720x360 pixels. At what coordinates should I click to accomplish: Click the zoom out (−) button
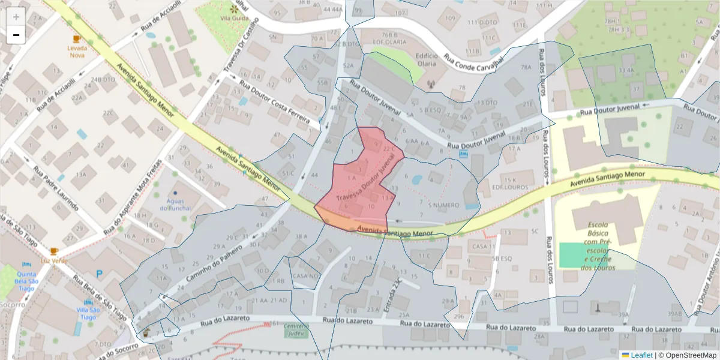(16, 35)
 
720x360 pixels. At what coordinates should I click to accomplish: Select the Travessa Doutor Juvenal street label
(367, 180)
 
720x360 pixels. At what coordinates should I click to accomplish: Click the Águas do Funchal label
(176, 205)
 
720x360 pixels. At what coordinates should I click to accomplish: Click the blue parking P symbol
(100, 274)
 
